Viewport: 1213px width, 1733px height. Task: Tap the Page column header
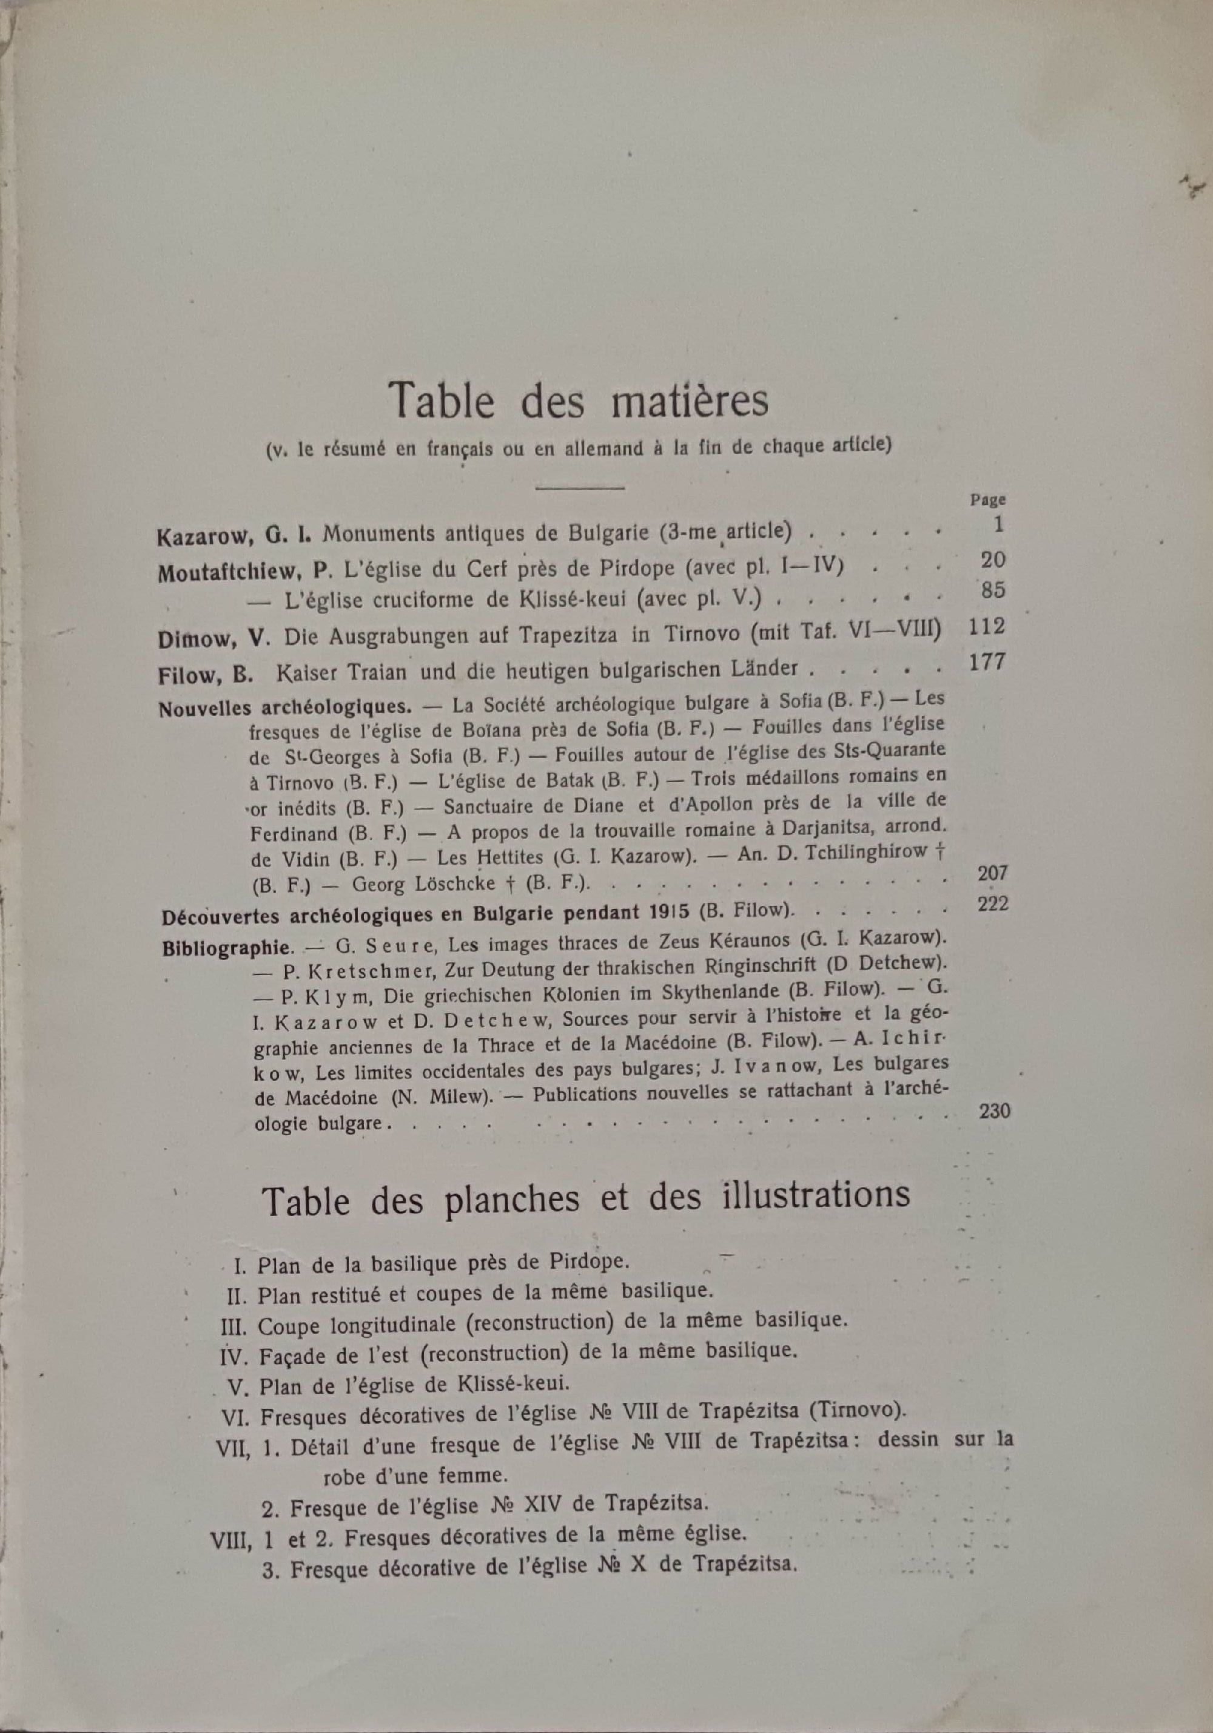click(x=987, y=499)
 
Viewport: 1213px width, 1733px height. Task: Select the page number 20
click(x=993, y=560)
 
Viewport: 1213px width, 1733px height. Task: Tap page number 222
click(x=992, y=904)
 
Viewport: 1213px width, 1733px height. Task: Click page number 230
click(x=993, y=1110)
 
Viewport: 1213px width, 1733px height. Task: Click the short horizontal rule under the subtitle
click(x=579, y=488)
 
